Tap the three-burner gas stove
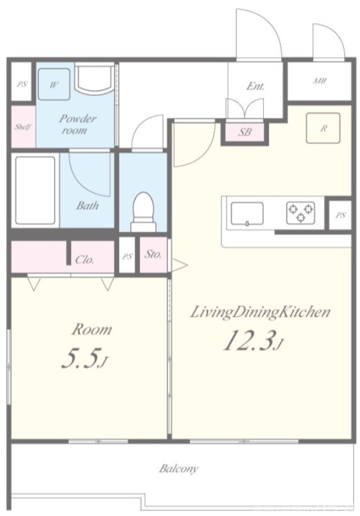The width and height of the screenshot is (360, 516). point(301,213)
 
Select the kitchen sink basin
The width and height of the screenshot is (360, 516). point(247,214)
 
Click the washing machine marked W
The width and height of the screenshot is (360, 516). point(54,84)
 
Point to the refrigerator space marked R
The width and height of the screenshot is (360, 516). point(323,128)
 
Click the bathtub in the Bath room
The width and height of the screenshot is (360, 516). point(35,190)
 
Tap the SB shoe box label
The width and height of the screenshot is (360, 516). point(245,132)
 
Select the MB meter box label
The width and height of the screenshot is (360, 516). point(319,81)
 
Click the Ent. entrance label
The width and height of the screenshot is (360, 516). point(255,86)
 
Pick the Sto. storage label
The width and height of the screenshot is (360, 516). point(154,254)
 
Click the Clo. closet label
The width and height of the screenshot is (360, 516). point(85,260)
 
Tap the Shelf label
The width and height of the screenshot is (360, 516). point(23,126)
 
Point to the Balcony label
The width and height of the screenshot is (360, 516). point(179,468)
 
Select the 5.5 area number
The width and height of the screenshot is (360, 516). point(85,358)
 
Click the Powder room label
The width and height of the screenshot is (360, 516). point(77,124)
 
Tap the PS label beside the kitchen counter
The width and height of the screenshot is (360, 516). point(341,215)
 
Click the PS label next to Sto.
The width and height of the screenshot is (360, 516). point(127,256)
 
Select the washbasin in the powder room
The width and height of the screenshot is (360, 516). point(94,79)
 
